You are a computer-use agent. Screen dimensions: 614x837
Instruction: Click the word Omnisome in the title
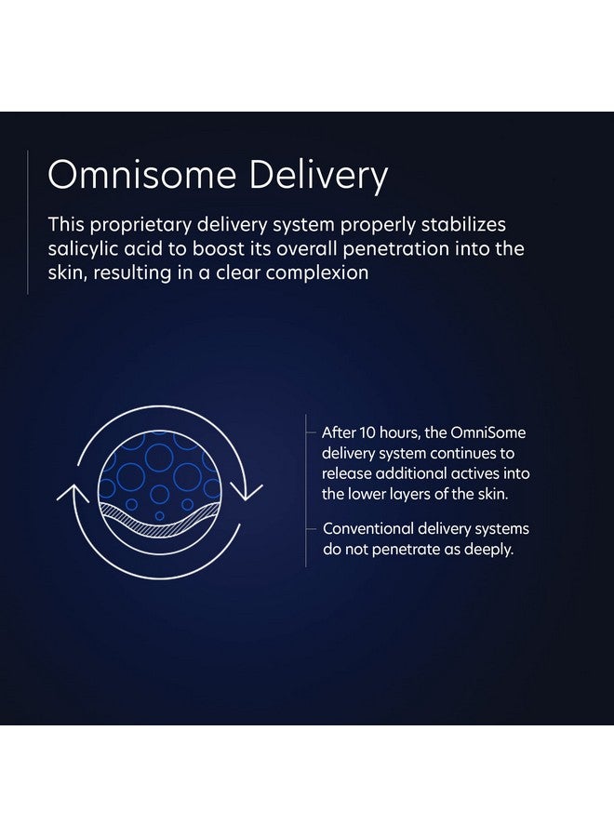coord(142,174)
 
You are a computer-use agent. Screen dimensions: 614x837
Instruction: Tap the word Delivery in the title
coord(318,177)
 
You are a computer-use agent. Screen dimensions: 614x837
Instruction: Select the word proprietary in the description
coord(140,225)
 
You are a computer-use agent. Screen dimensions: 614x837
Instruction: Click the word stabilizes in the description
coord(463,224)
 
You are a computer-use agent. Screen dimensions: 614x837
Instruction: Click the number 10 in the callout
coord(367,432)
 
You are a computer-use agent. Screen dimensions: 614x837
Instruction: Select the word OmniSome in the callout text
coord(488,432)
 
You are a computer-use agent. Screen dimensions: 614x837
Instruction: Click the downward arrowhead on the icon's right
coord(247,492)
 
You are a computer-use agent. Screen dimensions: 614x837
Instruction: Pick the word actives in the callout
coord(475,473)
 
